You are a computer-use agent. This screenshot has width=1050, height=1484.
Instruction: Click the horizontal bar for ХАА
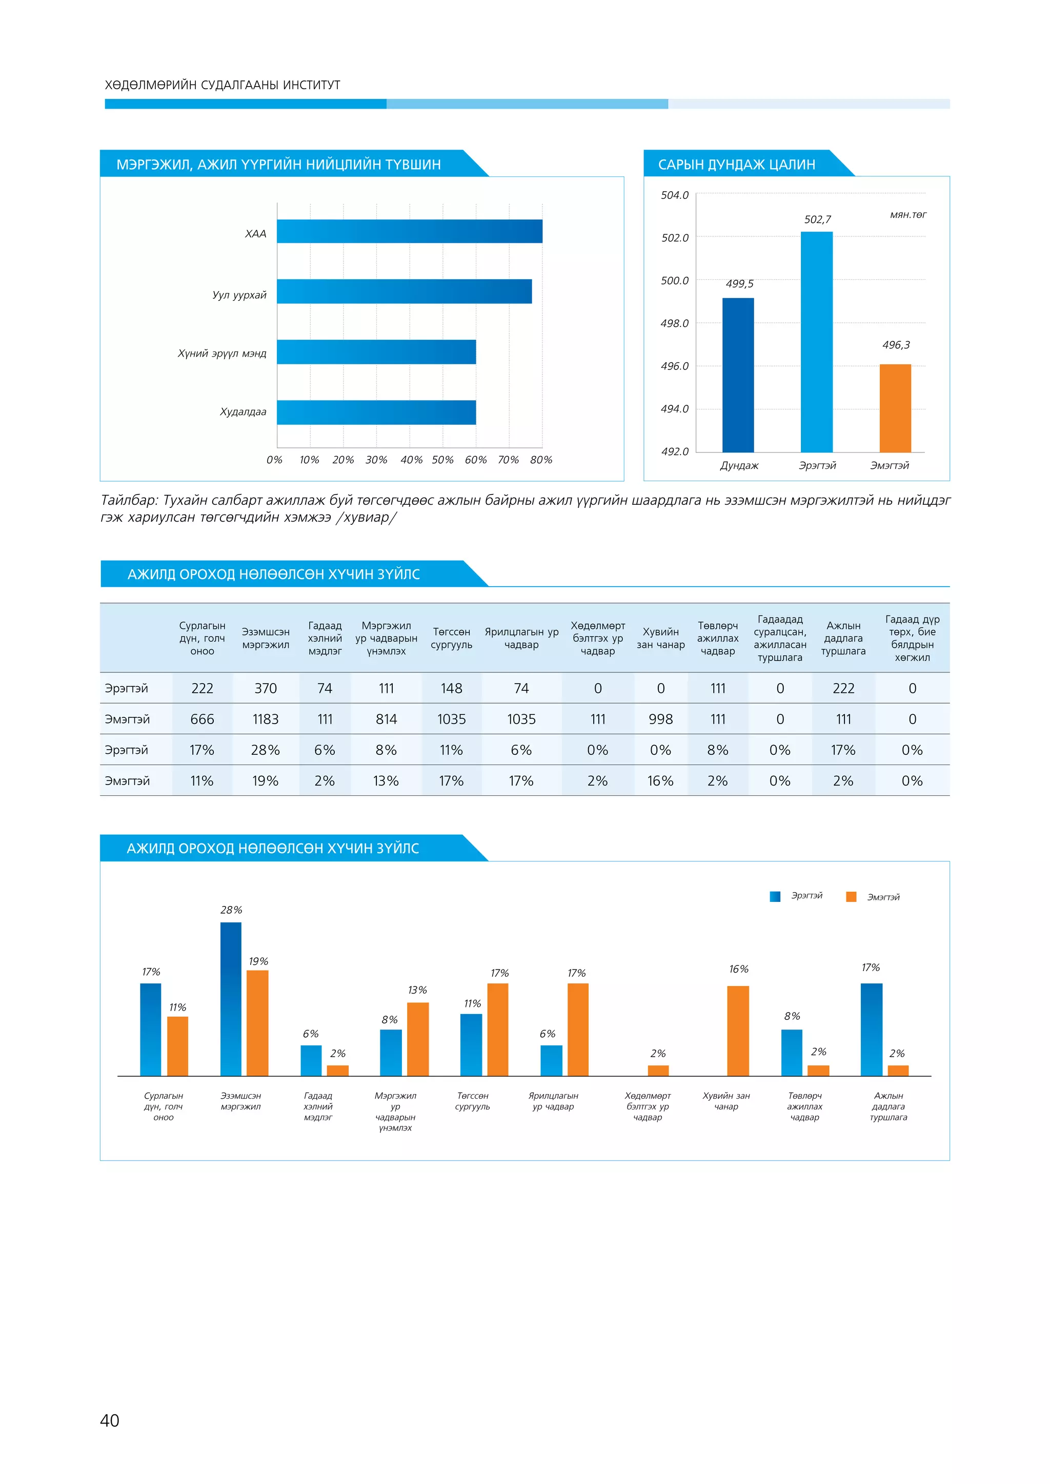(409, 232)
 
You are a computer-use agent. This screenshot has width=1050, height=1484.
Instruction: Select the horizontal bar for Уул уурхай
(404, 292)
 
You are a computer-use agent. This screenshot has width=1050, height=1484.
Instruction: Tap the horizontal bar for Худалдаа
(376, 413)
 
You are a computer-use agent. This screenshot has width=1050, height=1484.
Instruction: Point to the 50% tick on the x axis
(443, 460)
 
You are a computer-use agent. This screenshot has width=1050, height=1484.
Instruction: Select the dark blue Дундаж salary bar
(738, 375)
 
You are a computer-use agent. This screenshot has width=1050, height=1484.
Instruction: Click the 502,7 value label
(817, 220)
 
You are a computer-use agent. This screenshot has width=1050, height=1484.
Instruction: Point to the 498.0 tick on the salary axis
(674, 323)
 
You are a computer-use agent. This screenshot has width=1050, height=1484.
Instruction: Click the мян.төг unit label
(908, 215)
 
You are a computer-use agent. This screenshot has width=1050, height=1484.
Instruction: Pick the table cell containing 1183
(266, 719)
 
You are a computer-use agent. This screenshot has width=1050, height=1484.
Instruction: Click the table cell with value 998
(661, 719)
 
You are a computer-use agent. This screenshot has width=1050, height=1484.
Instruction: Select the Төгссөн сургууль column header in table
(451, 638)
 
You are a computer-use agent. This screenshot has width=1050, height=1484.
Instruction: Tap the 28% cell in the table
(266, 750)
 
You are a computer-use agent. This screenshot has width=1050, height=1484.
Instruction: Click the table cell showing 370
(266, 688)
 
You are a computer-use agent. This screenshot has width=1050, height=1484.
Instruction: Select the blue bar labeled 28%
(231, 999)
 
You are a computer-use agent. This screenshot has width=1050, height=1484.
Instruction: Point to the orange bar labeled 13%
(418, 1039)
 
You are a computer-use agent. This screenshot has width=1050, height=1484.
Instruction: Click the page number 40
(110, 1420)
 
